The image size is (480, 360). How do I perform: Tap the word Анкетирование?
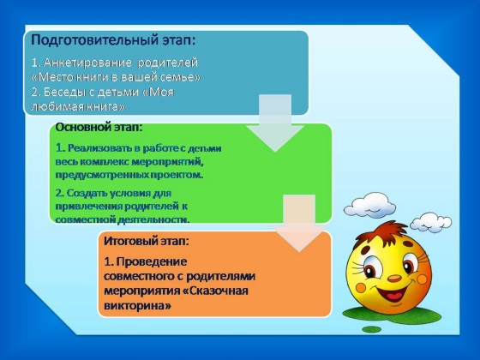[x=87, y=63]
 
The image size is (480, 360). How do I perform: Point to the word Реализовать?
[x=100, y=148]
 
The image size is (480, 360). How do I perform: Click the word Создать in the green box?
[x=82, y=193]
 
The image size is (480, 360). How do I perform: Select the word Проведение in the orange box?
[x=152, y=262]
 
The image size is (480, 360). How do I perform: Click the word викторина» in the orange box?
[x=137, y=305]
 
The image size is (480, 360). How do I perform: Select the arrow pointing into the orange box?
[x=299, y=223]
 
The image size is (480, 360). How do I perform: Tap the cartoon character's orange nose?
[x=394, y=279]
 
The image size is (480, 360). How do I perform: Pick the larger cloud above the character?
[x=369, y=205]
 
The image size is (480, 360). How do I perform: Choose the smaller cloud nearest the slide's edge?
[x=430, y=223]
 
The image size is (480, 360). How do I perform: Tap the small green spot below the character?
[x=372, y=329]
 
